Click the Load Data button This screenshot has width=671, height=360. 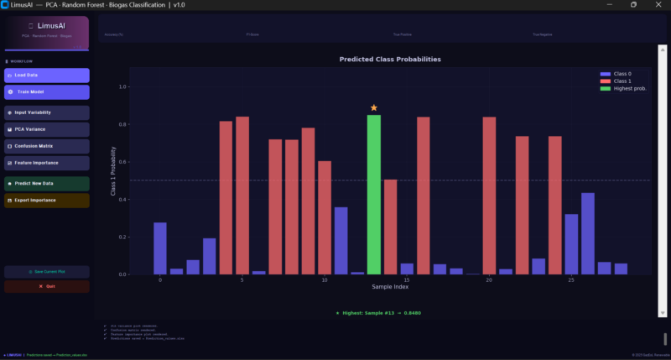pyautogui.click(x=46, y=76)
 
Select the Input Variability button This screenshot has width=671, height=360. pyautogui.click(x=46, y=112)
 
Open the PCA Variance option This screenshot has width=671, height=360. pyautogui.click(x=46, y=129)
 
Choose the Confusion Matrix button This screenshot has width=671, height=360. pyautogui.click(x=46, y=146)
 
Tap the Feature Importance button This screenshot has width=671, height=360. pyautogui.click(x=46, y=163)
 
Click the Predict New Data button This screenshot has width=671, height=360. pyautogui.click(x=46, y=183)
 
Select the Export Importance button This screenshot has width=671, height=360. pyautogui.click(x=46, y=201)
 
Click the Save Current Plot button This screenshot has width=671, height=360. pyautogui.click(x=46, y=272)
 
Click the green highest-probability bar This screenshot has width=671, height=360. pyautogui.click(x=373, y=193)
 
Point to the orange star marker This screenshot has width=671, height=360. pyautogui.click(x=373, y=108)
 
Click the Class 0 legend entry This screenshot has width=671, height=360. pyautogui.click(x=621, y=75)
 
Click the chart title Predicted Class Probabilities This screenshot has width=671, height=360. pyautogui.click(x=390, y=60)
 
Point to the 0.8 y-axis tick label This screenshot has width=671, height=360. pyautogui.click(x=122, y=124)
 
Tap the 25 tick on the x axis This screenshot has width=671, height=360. pyautogui.click(x=570, y=280)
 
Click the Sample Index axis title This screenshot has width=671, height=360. pyautogui.click(x=390, y=289)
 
